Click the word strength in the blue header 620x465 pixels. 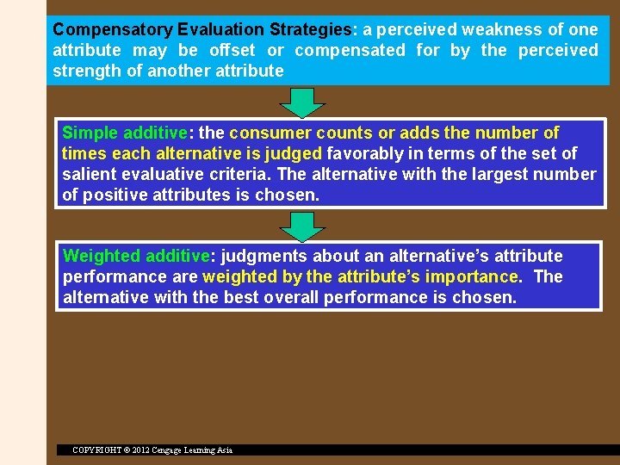point(85,71)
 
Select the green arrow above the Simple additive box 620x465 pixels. point(303,102)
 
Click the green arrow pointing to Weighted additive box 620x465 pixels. point(303,226)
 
